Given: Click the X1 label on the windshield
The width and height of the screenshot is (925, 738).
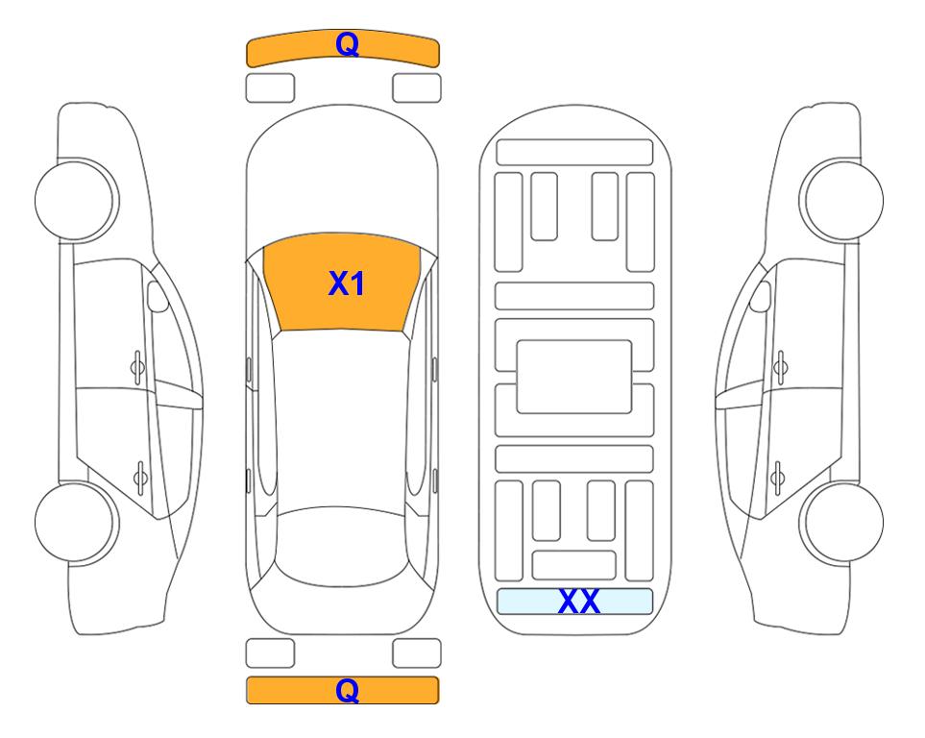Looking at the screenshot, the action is (347, 283).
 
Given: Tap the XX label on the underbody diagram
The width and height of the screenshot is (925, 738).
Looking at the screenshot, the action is (579, 601).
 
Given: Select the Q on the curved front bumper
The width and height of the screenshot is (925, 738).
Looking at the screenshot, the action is (347, 43).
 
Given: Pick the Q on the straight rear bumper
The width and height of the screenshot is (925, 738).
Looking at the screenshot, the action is (347, 690).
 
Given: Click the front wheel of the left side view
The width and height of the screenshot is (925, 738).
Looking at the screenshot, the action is (77, 200).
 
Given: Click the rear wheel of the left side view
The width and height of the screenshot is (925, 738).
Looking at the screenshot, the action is (77, 523).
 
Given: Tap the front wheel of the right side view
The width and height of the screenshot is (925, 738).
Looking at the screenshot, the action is (841, 200).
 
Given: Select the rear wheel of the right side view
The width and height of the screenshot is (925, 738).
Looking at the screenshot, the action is (841, 523).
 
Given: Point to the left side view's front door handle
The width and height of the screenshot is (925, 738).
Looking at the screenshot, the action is (137, 368).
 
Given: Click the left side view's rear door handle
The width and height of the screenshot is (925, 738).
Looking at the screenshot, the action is (140, 477).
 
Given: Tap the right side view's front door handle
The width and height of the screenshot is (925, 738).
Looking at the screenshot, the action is (781, 368).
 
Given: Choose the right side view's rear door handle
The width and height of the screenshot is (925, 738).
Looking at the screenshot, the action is (777, 477).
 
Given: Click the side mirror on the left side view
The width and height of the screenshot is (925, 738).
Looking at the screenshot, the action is (158, 296).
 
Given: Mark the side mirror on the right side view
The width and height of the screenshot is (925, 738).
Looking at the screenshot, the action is (761, 296).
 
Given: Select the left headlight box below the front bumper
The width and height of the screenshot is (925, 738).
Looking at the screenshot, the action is (270, 88).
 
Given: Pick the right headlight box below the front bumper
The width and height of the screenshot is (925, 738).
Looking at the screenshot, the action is (417, 88).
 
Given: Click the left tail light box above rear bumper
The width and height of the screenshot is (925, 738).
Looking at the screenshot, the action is (270, 653).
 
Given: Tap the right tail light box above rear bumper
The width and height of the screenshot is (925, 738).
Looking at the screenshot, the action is (417, 653).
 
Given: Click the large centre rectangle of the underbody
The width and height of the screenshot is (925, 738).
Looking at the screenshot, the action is (574, 377).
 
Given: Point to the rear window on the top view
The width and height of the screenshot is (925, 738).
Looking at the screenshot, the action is (342, 546).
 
